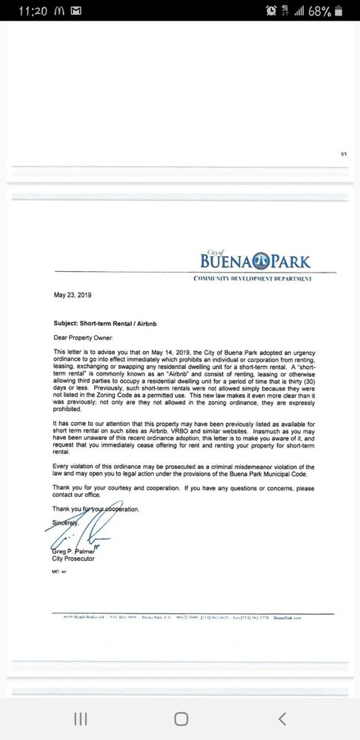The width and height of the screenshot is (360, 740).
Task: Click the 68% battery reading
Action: click(x=320, y=12)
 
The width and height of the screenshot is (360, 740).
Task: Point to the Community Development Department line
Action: click(x=253, y=279)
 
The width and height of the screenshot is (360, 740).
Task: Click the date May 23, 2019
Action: click(x=71, y=294)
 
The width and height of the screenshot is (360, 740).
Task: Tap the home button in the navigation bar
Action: click(x=181, y=719)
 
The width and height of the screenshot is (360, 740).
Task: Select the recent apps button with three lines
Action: click(x=81, y=719)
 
